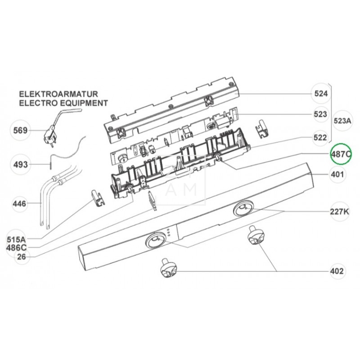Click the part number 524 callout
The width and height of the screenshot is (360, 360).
[321, 94]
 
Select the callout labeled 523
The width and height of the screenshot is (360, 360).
[320, 114]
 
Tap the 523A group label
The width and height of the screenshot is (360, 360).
[342, 121]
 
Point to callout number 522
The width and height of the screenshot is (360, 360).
[320, 138]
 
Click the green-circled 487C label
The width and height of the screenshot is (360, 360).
[341, 154]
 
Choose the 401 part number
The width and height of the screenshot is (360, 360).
[337, 175]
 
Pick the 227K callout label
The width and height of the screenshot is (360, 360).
[340, 211]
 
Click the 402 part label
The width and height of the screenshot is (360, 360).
[337, 271]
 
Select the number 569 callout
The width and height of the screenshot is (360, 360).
[20, 130]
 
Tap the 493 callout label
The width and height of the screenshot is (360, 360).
[20, 164]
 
